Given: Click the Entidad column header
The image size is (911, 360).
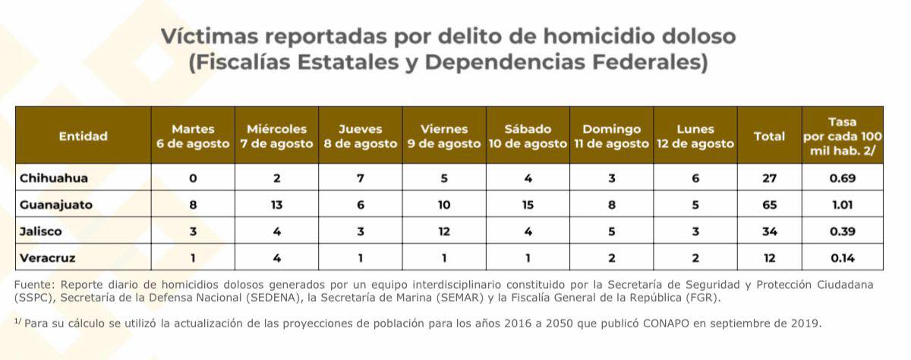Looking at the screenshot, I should point(84,137).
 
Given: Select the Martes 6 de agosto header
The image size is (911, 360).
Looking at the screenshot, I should point(193,136).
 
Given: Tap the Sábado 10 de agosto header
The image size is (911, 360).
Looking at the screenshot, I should point(528,136).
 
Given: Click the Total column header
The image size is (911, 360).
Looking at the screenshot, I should point(769,137).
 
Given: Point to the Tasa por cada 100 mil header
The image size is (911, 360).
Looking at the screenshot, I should point(843,137).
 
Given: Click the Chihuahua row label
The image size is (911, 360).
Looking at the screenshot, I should point(54,178).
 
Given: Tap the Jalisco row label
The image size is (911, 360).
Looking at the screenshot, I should point(41,231).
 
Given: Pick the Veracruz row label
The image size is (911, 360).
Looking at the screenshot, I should point(48,257).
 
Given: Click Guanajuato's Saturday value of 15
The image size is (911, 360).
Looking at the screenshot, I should point(528,205).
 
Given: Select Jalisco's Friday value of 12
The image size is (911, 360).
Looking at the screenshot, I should point(444,231).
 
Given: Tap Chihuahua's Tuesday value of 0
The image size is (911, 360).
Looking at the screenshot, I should point(193,178).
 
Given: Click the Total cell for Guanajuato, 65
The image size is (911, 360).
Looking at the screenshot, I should point(769,205).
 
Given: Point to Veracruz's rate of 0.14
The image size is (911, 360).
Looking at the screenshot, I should point(843,257).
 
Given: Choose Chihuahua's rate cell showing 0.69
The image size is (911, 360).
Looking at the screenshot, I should point(843,178).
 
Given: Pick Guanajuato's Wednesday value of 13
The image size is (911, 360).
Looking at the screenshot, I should point(276,205).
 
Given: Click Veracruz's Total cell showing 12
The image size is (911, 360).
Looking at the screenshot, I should point(769,257).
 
